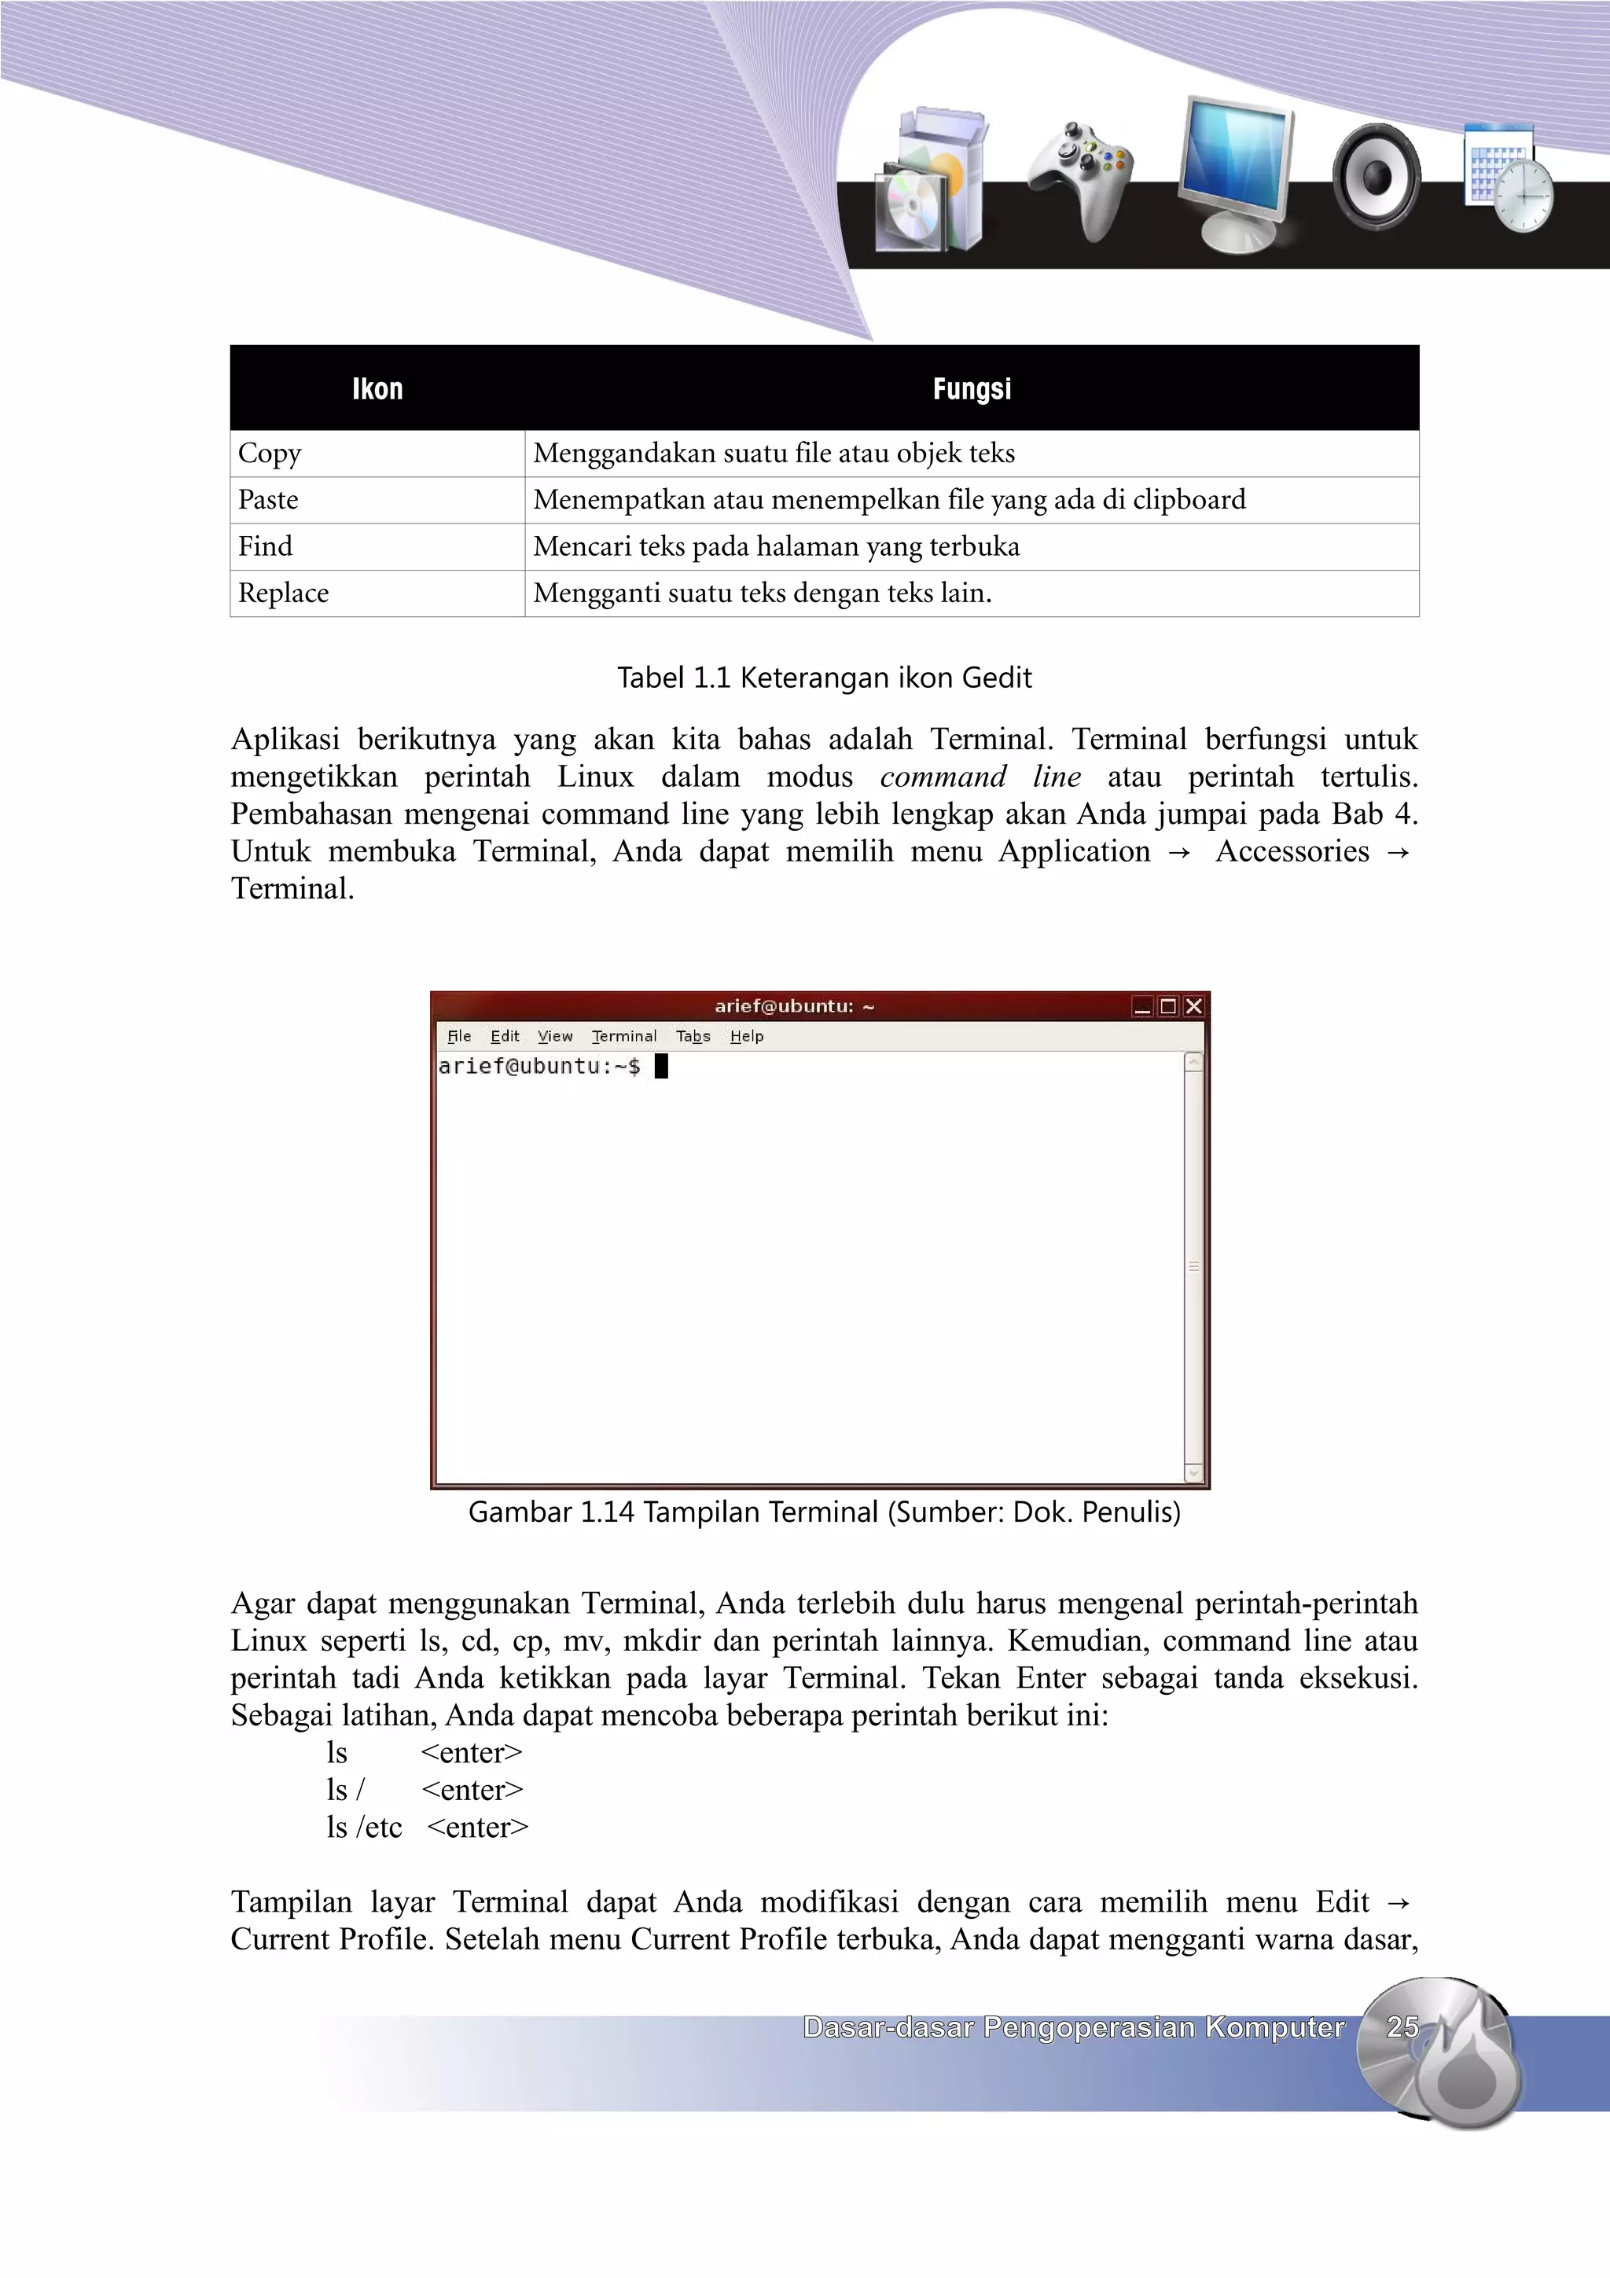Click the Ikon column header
point(377,389)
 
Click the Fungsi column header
point(971,389)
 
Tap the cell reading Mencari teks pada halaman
point(776,546)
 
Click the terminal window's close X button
point(1194,1006)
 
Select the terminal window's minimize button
point(1141,1006)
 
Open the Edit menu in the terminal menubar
point(504,1036)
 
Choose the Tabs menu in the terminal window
point(693,1036)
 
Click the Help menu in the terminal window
point(746,1036)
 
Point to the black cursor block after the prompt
point(662,1067)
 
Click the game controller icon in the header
point(1080,178)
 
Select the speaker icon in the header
point(1377,177)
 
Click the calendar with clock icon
point(1508,178)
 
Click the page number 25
point(1402,2027)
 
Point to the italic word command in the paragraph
point(943,777)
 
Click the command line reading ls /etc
point(364,1828)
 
